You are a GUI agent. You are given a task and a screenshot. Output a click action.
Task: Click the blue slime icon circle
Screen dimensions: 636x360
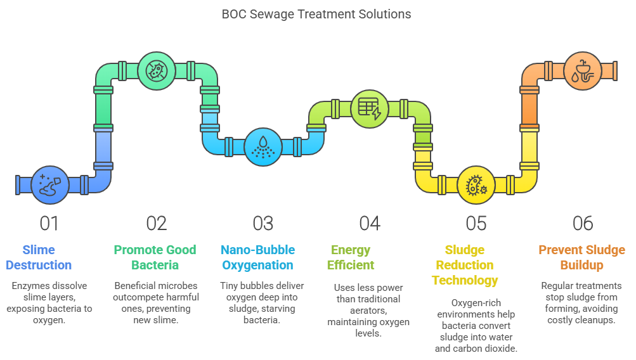pyautogui.click(x=50, y=185)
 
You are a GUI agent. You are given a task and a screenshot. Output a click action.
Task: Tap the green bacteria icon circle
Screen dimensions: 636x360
pyautogui.click(x=157, y=71)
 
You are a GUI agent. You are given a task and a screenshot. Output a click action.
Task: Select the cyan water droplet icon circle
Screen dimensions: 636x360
pyautogui.click(x=263, y=147)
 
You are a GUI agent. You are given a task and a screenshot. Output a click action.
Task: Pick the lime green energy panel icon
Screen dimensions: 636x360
pyautogui.click(x=370, y=108)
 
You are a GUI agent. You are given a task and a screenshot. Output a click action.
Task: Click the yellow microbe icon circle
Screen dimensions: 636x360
pyautogui.click(x=476, y=185)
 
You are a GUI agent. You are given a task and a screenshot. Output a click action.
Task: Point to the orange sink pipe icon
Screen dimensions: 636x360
pyautogui.click(x=583, y=71)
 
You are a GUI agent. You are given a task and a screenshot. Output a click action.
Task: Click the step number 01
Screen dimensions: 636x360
pyautogui.click(x=49, y=223)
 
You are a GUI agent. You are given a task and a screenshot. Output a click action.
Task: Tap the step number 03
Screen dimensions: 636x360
pyautogui.click(x=263, y=223)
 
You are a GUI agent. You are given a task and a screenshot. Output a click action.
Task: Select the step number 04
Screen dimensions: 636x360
pyautogui.click(x=370, y=223)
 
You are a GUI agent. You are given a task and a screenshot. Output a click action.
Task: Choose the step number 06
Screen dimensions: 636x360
pyautogui.click(x=583, y=223)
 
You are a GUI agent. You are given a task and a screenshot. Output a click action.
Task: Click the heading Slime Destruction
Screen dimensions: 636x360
pyautogui.click(x=39, y=257)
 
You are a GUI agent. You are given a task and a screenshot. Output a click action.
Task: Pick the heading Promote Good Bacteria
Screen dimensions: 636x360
pyautogui.click(x=155, y=257)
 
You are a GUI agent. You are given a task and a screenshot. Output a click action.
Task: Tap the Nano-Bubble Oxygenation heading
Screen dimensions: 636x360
pyautogui.click(x=258, y=257)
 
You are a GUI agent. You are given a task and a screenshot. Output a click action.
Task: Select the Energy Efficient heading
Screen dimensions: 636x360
pyautogui.click(x=351, y=257)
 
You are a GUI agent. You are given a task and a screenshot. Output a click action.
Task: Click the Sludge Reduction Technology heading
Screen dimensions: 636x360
pyautogui.click(x=465, y=265)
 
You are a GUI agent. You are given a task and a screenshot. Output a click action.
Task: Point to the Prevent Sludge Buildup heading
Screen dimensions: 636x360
pyautogui.click(x=581, y=257)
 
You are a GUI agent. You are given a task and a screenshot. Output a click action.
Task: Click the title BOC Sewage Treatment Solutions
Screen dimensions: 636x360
pyautogui.click(x=316, y=14)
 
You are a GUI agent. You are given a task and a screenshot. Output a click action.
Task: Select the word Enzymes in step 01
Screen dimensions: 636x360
pyautogui.click(x=28, y=286)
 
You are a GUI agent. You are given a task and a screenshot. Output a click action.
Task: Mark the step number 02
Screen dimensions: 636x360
pyautogui.click(x=157, y=223)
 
